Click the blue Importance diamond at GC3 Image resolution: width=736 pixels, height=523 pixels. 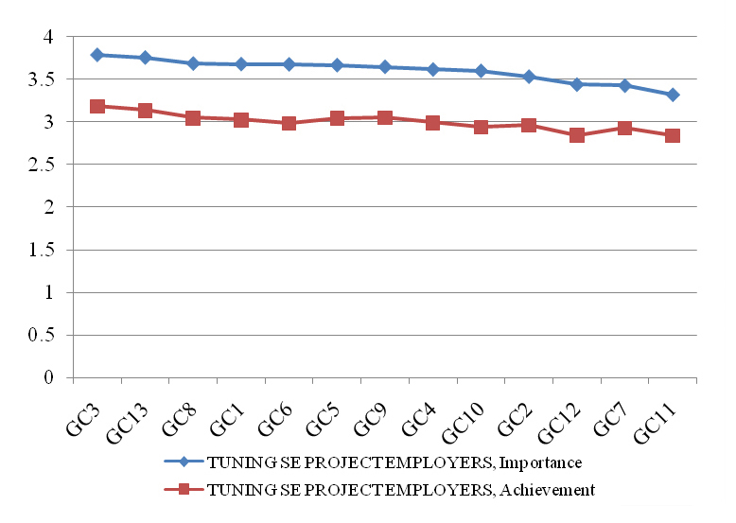(97, 55)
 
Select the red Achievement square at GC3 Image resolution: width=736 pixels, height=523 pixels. (97, 106)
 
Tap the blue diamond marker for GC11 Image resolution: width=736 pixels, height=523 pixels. (673, 95)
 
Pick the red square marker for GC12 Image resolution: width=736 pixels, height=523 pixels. (576, 135)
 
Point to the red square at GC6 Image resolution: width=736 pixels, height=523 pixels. (289, 123)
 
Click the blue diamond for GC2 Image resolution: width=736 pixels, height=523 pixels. (529, 77)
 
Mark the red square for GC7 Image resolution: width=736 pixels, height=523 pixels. (624, 128)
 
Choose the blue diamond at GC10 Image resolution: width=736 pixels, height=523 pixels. (481, 71)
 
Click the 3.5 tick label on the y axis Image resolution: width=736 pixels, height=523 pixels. (41, 79)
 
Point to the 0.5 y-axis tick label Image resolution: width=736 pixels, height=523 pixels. (41, 335)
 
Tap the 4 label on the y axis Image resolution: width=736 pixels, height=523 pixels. (48, 37)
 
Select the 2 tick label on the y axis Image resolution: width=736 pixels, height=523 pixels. (49, 207)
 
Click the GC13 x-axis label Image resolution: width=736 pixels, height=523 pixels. (127, 423)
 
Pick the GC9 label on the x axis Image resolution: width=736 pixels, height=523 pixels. (370, 419)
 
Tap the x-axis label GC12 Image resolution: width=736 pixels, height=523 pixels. (558, 423)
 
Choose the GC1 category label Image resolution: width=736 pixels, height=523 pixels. (227, 419)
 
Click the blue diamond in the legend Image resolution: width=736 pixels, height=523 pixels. (184, 462)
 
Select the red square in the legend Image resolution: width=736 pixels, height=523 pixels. (184, 489)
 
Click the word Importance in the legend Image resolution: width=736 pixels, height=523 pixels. (540, 462)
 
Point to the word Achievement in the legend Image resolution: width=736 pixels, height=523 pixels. (547, 490)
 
